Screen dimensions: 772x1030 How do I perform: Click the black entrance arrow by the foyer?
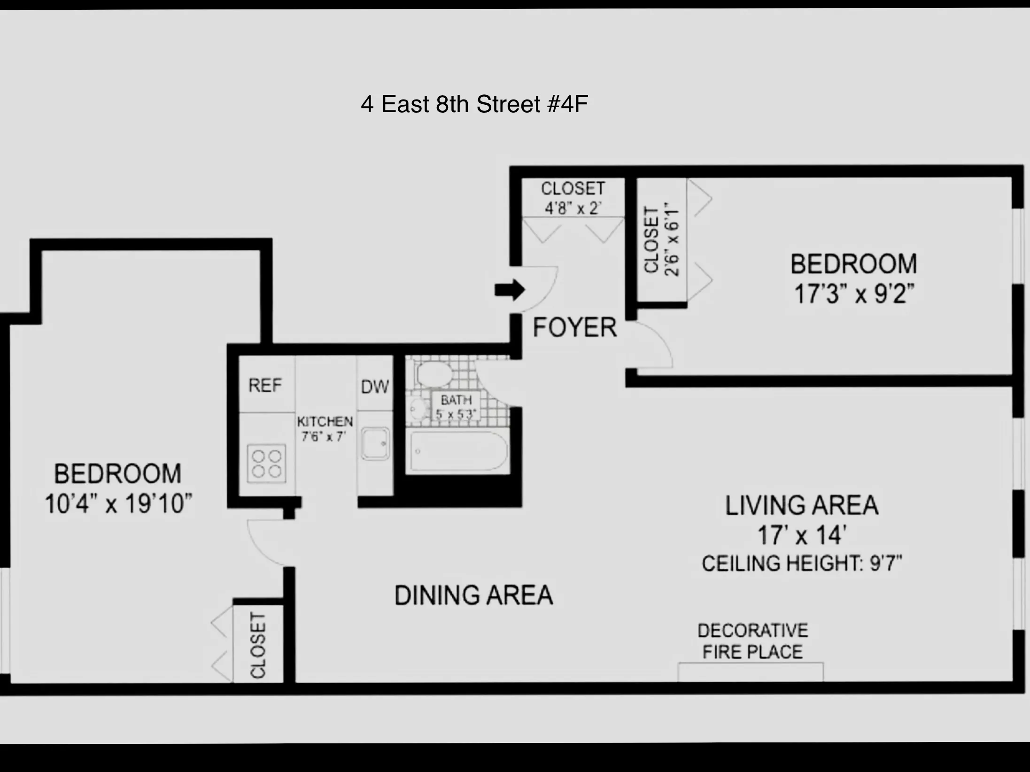point(510,290)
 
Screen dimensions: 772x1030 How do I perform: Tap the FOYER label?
point(574,327)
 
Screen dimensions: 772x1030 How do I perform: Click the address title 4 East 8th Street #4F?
point(474,104)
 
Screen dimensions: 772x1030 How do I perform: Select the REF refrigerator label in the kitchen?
point(265,386)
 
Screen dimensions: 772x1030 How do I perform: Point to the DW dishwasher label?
point(375,387)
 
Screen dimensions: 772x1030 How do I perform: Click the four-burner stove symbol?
point(266,464)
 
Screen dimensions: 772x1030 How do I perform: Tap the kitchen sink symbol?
point(375,443)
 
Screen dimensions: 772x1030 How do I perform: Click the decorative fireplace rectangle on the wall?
point(750,672)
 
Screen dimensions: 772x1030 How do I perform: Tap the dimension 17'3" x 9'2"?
point(853,294)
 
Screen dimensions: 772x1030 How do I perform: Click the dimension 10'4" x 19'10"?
point(118,504)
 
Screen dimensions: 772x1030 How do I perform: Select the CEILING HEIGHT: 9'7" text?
point(802,563)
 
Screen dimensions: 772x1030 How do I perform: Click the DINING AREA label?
point(473,595)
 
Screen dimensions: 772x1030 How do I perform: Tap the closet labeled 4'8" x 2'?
point(573,198)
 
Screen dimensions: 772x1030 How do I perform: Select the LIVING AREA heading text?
point(802,506)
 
